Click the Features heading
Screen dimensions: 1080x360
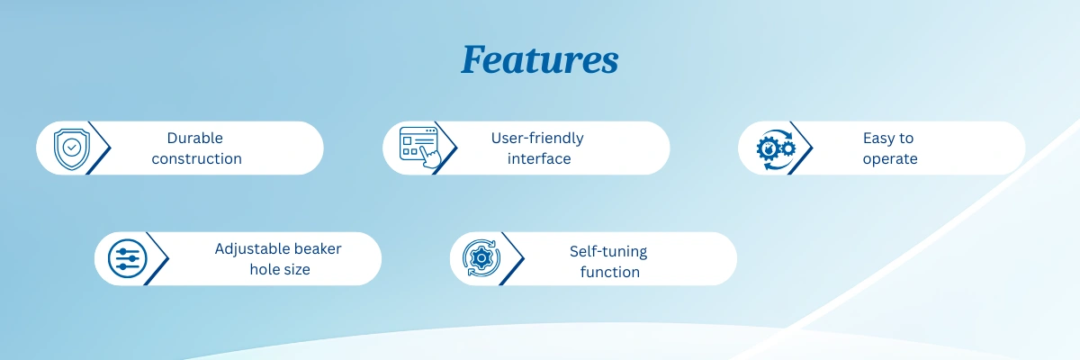539,60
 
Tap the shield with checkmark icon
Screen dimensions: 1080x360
72,148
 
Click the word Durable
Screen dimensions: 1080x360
194,138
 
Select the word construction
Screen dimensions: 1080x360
197,158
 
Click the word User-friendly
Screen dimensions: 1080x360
537,139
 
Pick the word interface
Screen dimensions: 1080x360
539,158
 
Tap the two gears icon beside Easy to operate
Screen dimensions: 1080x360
776,149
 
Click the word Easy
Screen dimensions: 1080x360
876,139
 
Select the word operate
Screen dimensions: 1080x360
890,159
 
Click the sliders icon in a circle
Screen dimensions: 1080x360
127,259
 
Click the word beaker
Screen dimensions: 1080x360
318,248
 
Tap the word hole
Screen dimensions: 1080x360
263,269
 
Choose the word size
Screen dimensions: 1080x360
295,269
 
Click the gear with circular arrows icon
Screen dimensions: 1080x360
481,258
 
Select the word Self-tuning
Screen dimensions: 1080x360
608,252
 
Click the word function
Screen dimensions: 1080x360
610,272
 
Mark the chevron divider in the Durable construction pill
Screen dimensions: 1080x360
99,148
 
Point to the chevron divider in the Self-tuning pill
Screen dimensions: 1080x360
511,258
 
